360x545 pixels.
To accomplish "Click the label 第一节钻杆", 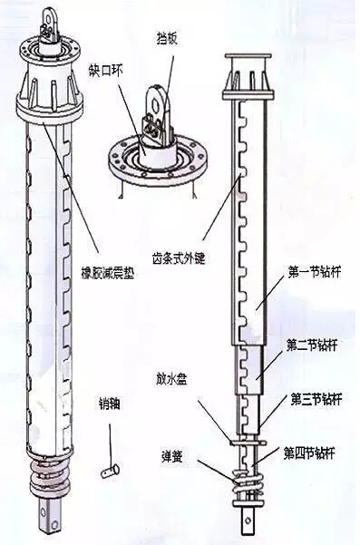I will click(x=312, y=272).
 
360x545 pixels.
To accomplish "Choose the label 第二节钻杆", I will click(x=312, y=345).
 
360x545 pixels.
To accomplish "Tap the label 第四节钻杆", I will click(x=312, y=451).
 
